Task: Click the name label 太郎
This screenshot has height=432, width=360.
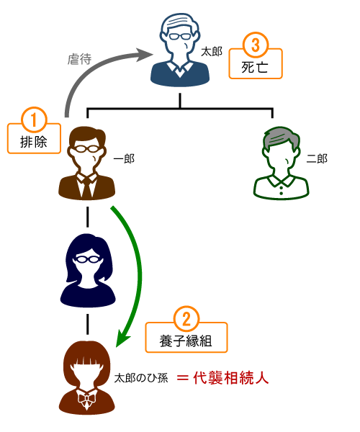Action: tap(211, 52)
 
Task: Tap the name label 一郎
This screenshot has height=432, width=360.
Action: tap(124, 159)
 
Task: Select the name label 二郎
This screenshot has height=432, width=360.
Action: tap(317, 159)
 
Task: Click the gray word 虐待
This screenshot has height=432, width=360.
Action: tap(79, 59)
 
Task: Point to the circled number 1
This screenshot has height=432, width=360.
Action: tap(34, 120)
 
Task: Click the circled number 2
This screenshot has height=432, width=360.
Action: tap(186, 319)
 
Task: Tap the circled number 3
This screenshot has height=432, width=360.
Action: tap(256, 45)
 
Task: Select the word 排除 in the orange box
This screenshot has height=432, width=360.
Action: tap(34, 142)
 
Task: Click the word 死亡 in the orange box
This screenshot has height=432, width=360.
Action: tap(255, 67)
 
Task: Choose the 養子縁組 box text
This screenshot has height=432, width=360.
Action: tap(186, 341)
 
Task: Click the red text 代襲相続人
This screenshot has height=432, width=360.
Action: tap(231, 378)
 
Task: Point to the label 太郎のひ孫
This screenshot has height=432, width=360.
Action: tap(141, 378)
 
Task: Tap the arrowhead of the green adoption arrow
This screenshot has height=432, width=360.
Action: tap(122, 338)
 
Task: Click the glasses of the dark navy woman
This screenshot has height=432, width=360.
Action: tap(88, 259)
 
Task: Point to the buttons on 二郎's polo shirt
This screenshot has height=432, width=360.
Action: tap(281, 190)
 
